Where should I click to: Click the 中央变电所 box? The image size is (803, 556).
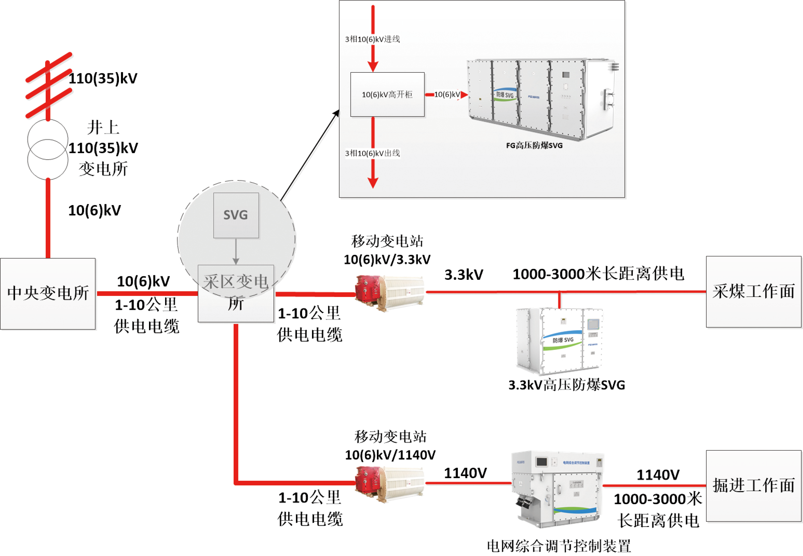48,293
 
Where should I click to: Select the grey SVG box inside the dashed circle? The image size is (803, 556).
236,215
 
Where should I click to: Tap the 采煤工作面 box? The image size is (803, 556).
754,292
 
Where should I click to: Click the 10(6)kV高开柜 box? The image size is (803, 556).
387,94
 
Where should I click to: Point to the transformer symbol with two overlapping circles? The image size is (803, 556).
48,149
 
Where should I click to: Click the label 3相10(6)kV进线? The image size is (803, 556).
372,39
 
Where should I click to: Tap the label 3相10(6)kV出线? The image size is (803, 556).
372,153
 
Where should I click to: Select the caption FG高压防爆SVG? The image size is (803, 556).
534,146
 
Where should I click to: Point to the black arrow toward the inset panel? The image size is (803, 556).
310,155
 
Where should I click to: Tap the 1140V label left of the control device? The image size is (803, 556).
465,473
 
